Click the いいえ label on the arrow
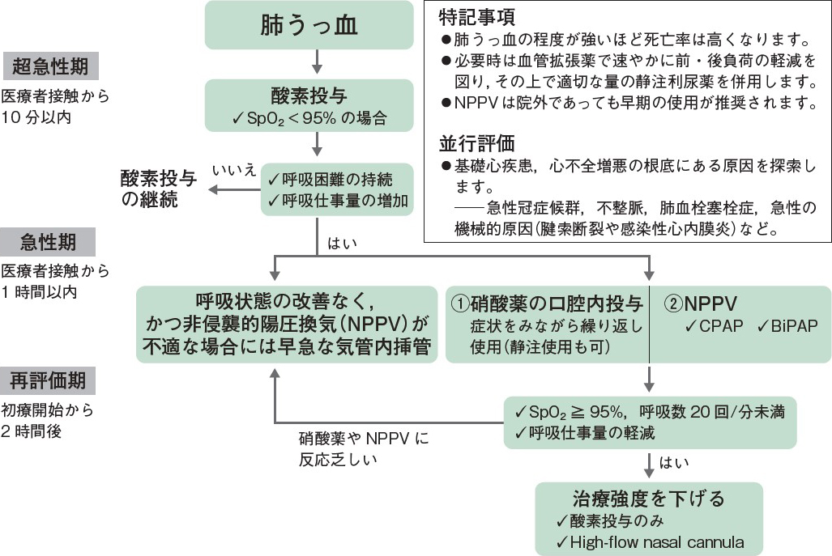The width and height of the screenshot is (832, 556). coord(234,170)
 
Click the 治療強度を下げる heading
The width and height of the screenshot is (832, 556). coord(648,497)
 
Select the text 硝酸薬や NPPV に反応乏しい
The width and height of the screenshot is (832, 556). coord(363,449)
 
